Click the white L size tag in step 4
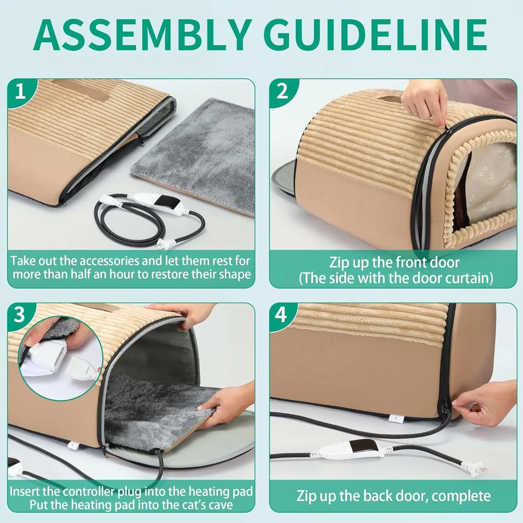396,418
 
